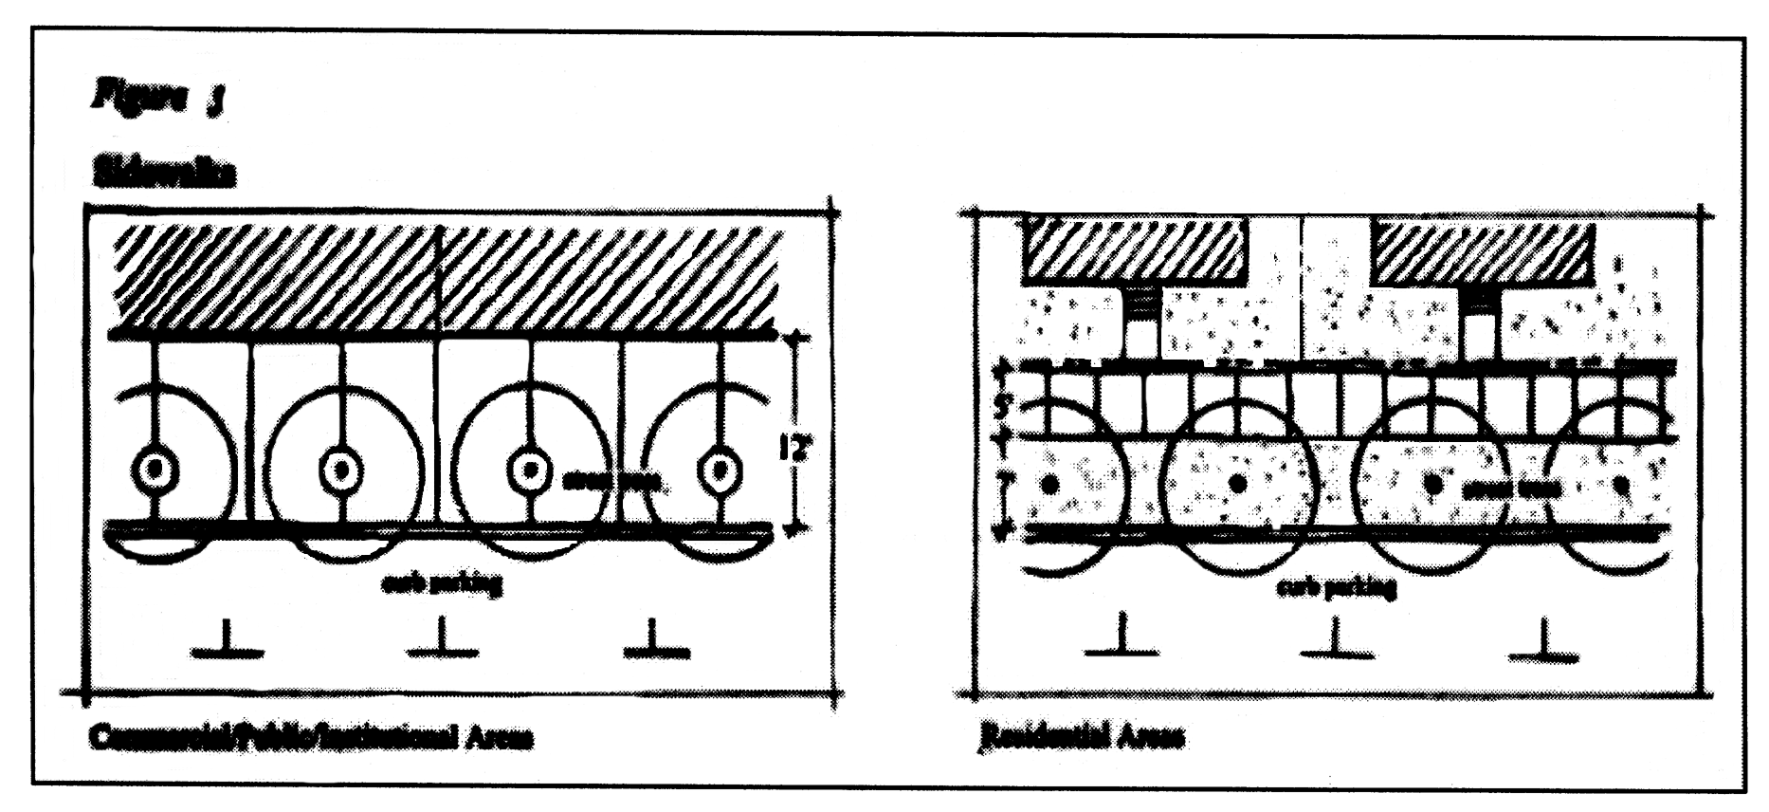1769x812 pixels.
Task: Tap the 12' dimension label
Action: pyautogui.click(x=792, y=446)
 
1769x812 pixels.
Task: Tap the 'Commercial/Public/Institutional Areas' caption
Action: pyautogui.click(x=311, y=737)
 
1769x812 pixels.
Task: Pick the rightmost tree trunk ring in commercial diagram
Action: pyautogui.click(x=720, y=470)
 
